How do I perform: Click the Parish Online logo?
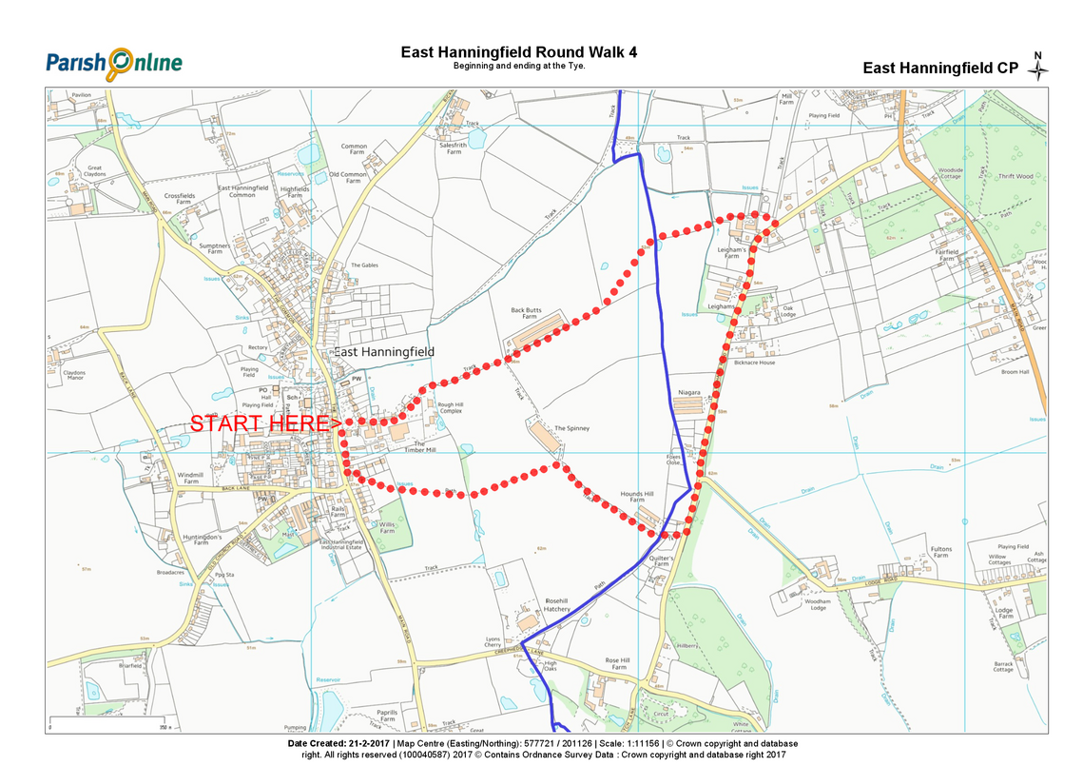coord(114,63)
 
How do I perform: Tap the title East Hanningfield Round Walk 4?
coord(518,51)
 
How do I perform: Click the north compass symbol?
coord(1039,68)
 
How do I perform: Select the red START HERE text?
coord(265,423)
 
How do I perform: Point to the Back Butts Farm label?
coord(532,314)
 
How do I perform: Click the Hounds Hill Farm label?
coord(637,498)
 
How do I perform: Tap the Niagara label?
coord(689,392)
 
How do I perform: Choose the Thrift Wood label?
coord(1015,176)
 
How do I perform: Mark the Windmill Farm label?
coord(190,478)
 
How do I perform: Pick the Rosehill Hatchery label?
coord(557,605)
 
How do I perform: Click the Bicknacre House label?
coord(755,363)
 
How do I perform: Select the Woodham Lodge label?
coord(817,604)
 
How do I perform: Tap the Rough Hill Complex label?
coord(450,407)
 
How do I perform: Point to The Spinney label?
coord(571,428)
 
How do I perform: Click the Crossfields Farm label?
coord(179,199)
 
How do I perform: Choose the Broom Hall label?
coord(1015,372)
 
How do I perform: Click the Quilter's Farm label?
coord(662,561)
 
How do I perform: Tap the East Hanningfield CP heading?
coord(940,68)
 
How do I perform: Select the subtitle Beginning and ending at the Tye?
coord(518,67)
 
